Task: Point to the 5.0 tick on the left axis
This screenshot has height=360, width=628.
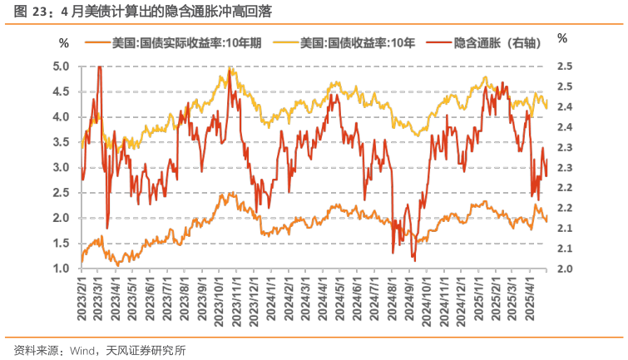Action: [62, 67]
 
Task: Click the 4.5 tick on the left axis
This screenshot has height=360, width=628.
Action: [62, 91]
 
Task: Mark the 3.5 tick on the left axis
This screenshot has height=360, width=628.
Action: [62, 142]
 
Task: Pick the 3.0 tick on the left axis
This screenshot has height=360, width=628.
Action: [62, 167]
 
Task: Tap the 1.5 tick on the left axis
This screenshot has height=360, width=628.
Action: [62, 243]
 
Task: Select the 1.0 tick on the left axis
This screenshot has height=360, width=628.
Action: [62, 269]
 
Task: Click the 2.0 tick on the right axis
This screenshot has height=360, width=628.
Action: [564, 269]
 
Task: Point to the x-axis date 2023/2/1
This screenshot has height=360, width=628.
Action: [83, 300]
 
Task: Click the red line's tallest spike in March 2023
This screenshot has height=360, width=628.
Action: [100, 67]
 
